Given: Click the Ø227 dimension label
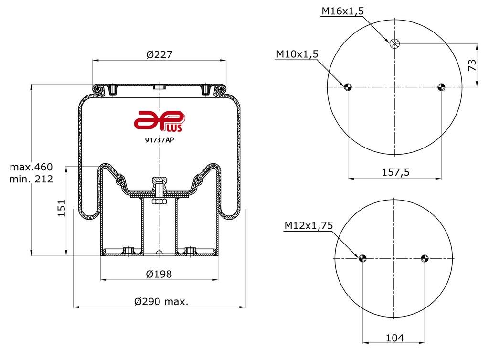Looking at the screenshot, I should (x=159, y=55).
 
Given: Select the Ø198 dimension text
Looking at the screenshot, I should (x=159, y=274).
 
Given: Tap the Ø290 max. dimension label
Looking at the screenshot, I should (x=161, y=302).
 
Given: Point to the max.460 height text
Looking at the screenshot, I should (x=31, y=168).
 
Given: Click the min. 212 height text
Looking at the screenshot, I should (x=31, y=179).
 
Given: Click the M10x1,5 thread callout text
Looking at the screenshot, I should (x=297, y=54).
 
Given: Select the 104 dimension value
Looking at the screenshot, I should (x=394, y=338).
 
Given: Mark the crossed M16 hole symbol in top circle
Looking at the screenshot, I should (x=394, y=44).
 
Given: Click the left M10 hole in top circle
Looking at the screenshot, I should (x=348, y=87).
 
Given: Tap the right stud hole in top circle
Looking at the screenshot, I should (x=441, y=87).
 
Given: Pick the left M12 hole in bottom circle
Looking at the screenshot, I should (x=362, y=258).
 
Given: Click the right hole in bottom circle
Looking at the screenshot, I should (x=424, y=258).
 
